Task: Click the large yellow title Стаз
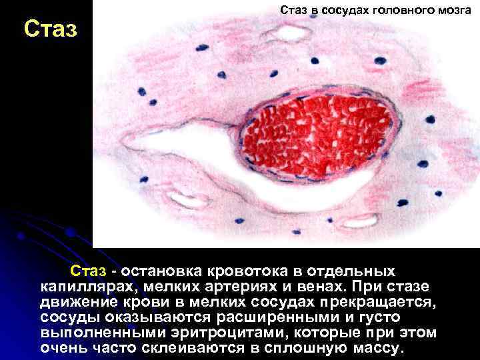click(51, 29)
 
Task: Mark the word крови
click(151, 302)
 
